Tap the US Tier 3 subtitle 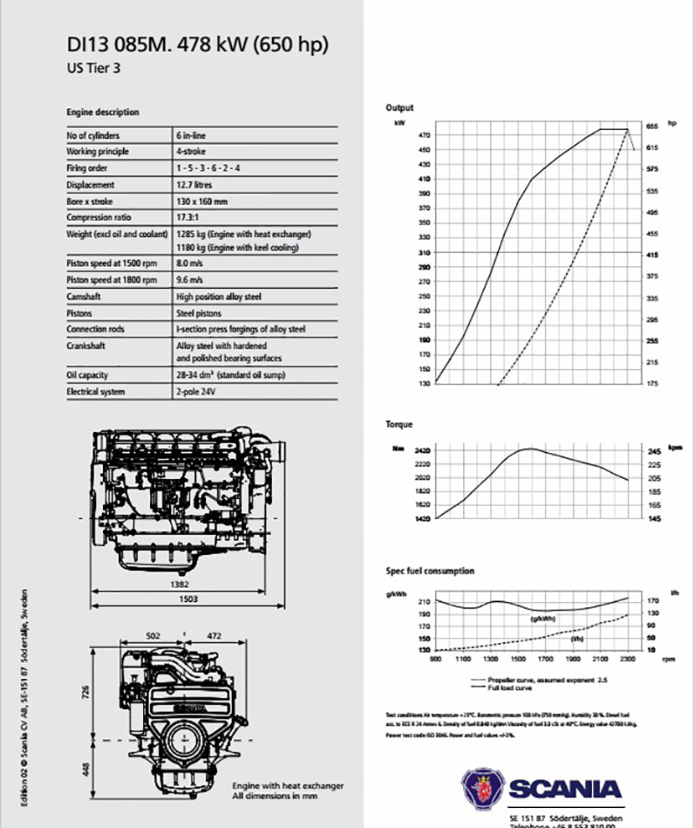(93, 69)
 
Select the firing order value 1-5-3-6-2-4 (208, 168)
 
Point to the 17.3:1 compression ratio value (189, 218)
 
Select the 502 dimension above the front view (152, 635)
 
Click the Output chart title (399, 108)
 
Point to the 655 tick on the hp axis (651, 126)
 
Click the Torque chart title (399, 424)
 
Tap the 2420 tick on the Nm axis (420, 450)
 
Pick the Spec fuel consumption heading (430, 571)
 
